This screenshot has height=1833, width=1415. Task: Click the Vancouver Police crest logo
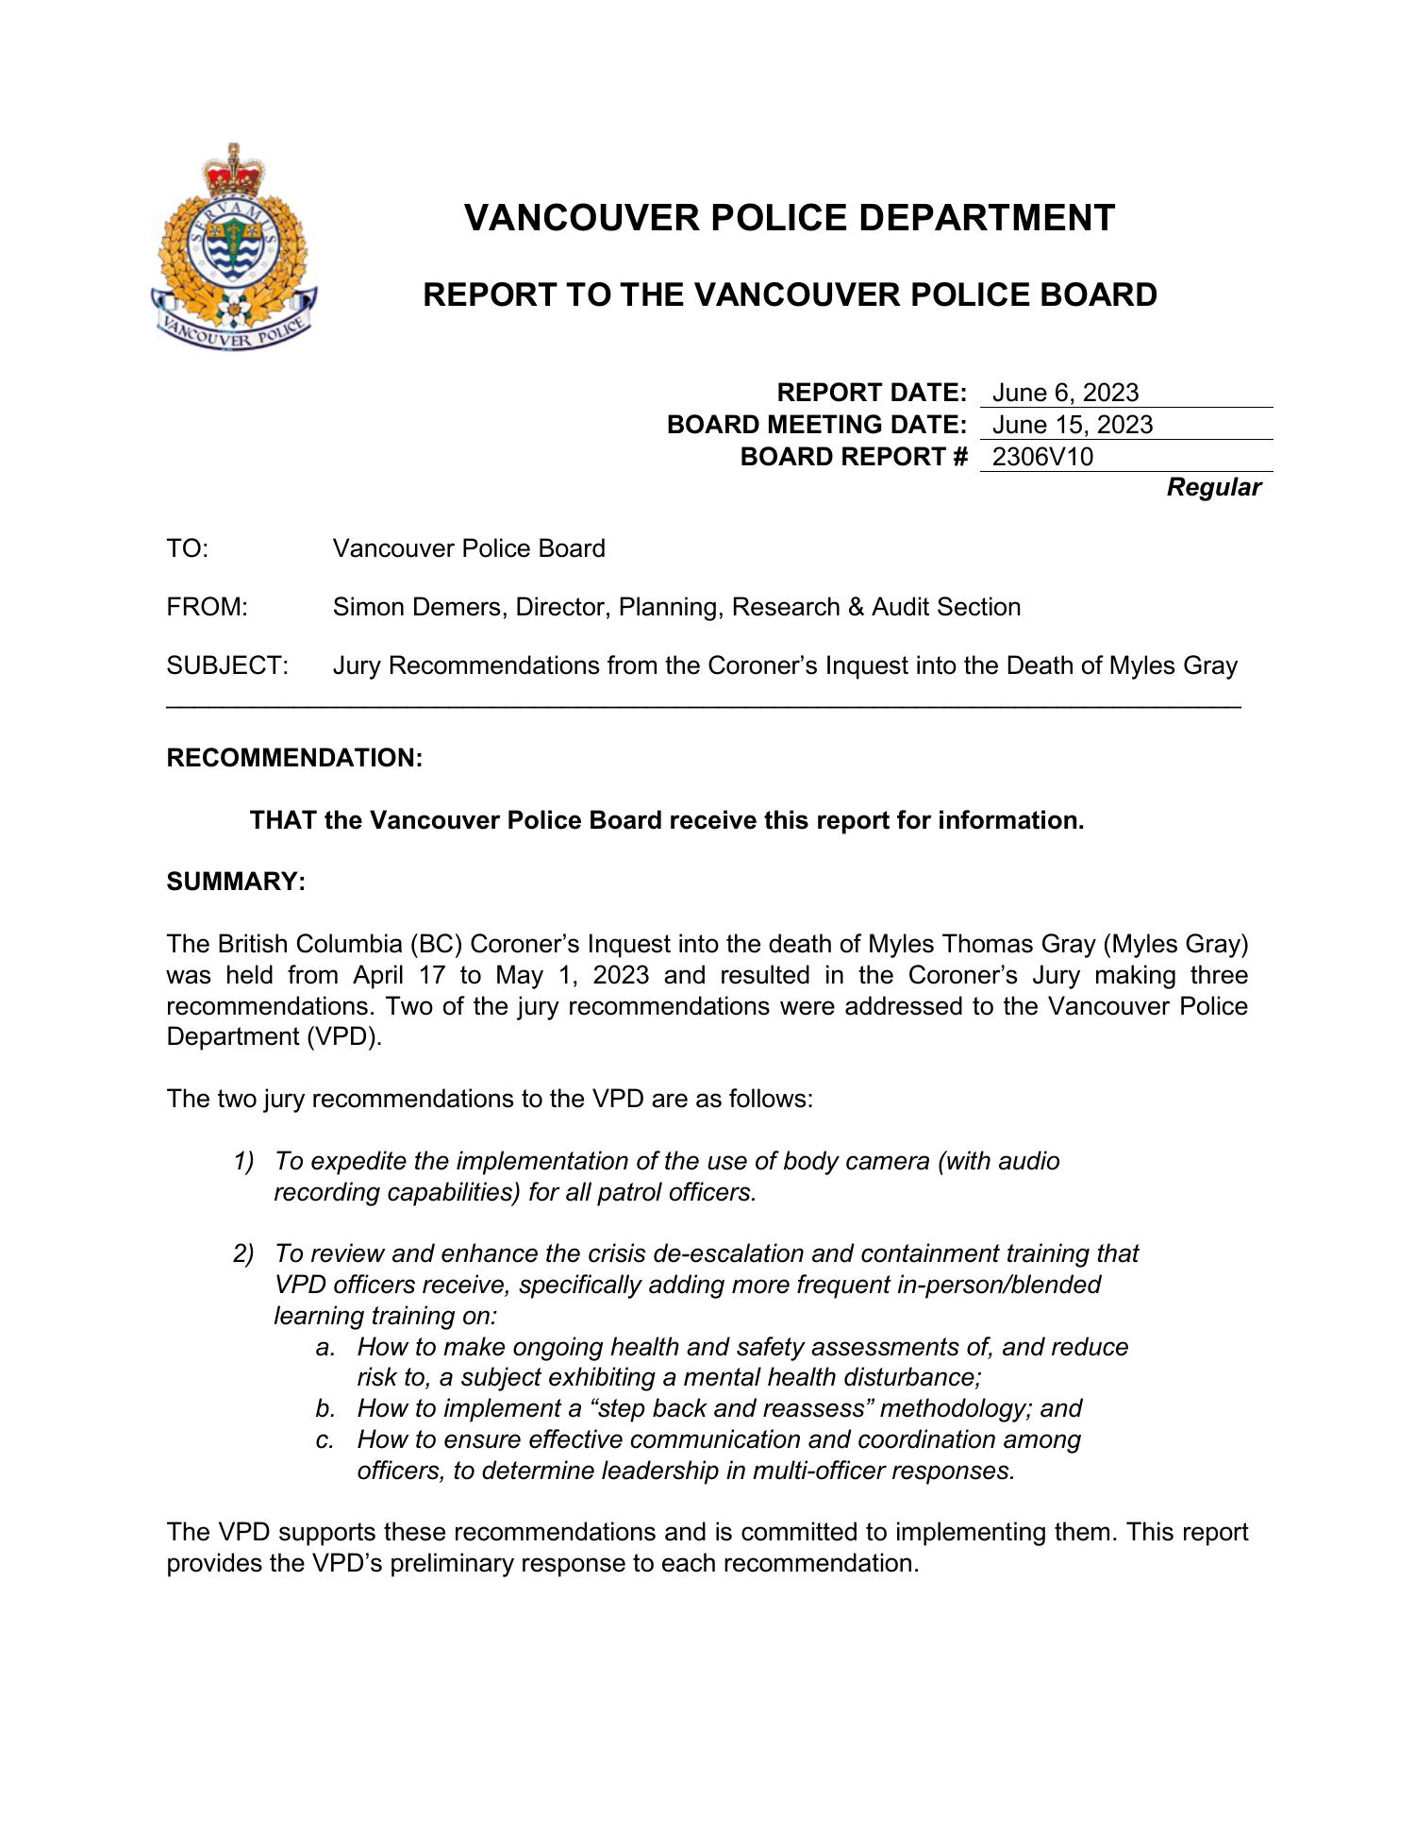[233, 247]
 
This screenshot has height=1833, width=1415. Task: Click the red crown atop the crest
[227, 170]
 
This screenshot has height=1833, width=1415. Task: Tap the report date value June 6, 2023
[1065, 393]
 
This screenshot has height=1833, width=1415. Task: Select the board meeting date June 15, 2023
[1072, 425]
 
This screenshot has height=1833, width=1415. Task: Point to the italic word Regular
[1213, 488]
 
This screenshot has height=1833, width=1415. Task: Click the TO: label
[187, 548]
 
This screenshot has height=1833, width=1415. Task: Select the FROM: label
[207, 607]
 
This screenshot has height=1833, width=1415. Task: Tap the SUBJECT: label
[226, 665]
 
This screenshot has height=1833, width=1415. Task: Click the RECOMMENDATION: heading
[294, 758]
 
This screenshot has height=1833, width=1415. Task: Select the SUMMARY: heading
[236, 882]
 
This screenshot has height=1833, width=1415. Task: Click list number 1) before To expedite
[243, 1161]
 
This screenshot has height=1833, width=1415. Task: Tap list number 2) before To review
[243, 1253]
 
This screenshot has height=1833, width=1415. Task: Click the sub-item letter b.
[325, 1408]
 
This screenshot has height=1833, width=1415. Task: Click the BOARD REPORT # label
[854, 457]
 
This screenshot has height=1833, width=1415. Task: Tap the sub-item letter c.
[325, 1439]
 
